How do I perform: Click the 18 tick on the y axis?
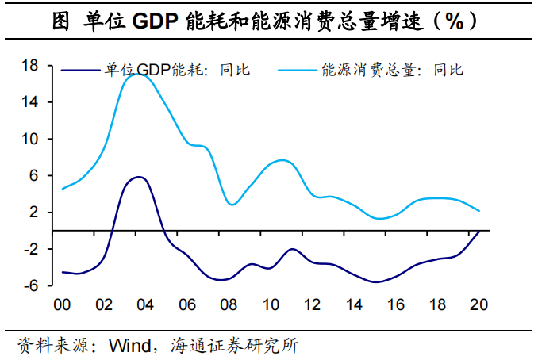pyautogui.click(x=30, y=66)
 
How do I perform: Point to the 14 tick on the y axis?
pyautogui.click(x=30, y=102)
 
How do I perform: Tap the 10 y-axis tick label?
pyautogui.click(x=30, y=139)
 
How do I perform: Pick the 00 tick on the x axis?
pyautogui.click(x=62, y=304)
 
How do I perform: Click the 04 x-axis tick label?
pyautogui.click(x=144, y=304)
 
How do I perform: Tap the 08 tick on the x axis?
pyautogui.click(x=229, y=304)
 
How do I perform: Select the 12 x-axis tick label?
pyautogui.click(x=312, y=304)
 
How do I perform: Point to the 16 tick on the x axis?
pyautogui.click(x=395, y=304)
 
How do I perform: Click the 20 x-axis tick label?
pyautogui.click(x=478, y=304)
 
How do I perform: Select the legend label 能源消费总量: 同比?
pyautogui.click(x=392, y=70)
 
